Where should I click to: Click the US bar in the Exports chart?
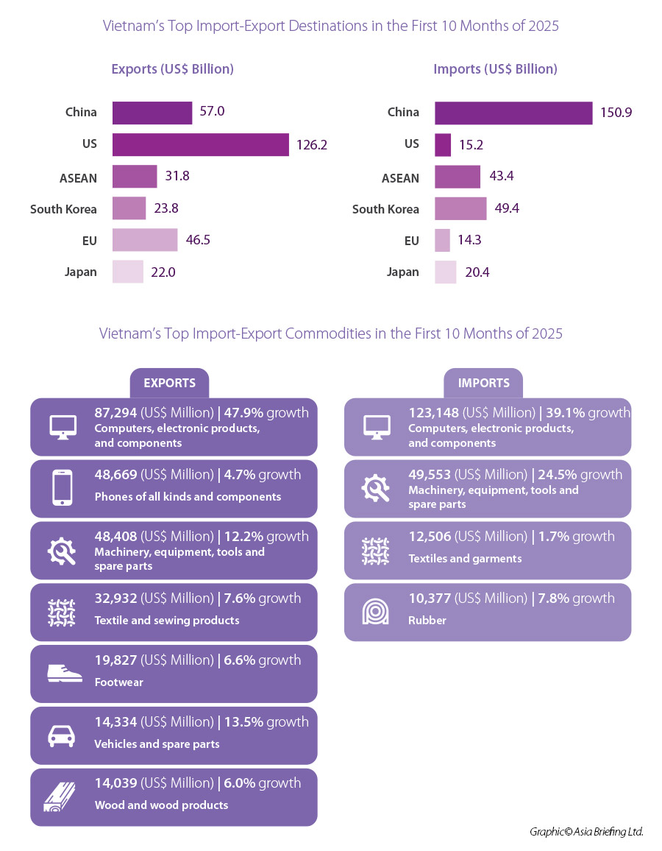click(200, 144)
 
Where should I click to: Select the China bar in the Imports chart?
click(513, 113)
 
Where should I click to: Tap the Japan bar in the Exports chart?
click(127, 272)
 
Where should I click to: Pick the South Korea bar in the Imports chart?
click(460, 208)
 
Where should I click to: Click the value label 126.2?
click(311, 145)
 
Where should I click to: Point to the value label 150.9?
click(616, 113)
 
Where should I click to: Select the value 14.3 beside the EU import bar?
click(471, 240)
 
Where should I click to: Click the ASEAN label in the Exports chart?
click(78, 177)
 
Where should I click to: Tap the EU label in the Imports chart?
click(411, 241)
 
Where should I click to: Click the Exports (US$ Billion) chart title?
click(172, 69)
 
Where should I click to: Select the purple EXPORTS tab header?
click(169, 383)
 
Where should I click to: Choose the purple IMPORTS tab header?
click(483, 383)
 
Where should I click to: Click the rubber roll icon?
click(375, 612)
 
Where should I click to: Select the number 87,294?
click(115, 413)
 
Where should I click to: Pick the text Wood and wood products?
click(161, 805)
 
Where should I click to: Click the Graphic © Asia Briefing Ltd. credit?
click(586, 832)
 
